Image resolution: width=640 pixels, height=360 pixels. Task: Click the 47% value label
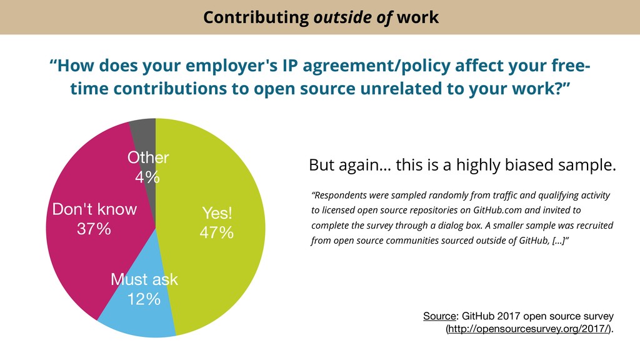click(216, 233)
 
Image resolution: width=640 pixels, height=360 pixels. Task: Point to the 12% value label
click(144, 299)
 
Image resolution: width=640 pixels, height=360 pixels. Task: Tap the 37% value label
click(94, 229)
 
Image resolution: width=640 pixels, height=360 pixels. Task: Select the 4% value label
click(147, 177)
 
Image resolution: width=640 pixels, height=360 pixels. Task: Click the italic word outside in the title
click(338, 17)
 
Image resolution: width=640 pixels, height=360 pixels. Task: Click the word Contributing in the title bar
click(254, 17)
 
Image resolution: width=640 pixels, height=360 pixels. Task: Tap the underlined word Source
click(439, 316)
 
